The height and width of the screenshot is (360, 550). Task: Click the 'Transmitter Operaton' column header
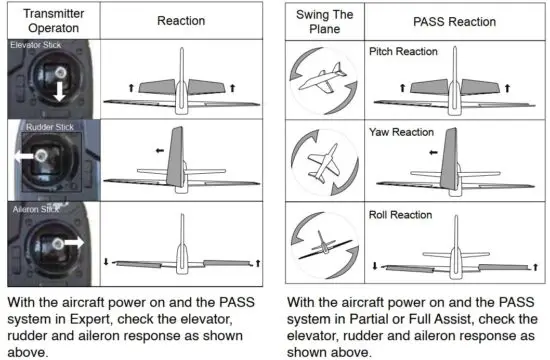pos(48,21)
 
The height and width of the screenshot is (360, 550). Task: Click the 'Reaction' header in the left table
pos(182,21)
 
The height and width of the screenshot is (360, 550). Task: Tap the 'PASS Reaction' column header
pos(452,21)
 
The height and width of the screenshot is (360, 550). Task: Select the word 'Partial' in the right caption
pos(366,320)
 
